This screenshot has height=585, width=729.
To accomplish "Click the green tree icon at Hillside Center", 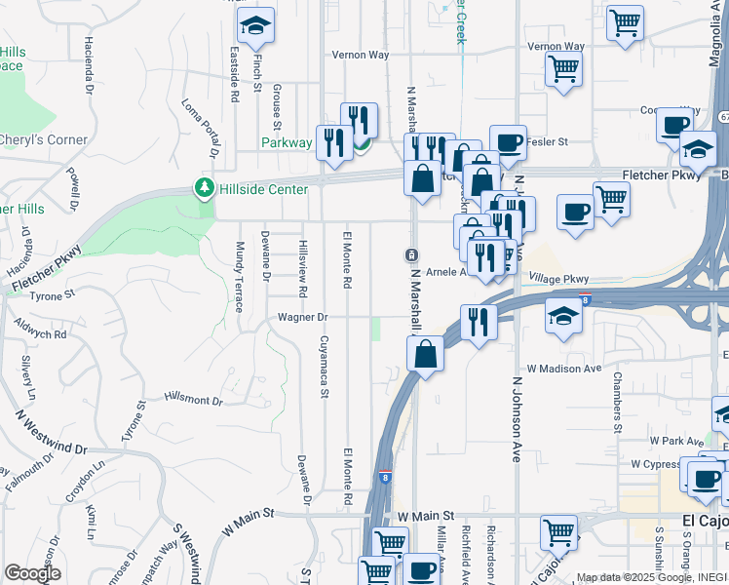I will point(205,186).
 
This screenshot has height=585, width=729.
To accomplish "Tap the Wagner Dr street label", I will point(304,317).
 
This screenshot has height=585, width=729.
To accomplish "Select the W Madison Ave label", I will point(564,369).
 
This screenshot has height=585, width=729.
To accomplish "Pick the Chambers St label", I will point(617,401).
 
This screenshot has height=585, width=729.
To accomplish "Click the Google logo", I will point(32,573).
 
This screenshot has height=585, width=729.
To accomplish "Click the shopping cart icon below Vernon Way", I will point(563,70).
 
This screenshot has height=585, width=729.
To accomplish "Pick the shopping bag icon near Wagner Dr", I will point(426,354).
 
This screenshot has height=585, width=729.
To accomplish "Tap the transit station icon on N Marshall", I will point(411,255).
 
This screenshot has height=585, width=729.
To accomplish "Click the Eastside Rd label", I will point(235,73).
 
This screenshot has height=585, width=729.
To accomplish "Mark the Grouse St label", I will point(276,106).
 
